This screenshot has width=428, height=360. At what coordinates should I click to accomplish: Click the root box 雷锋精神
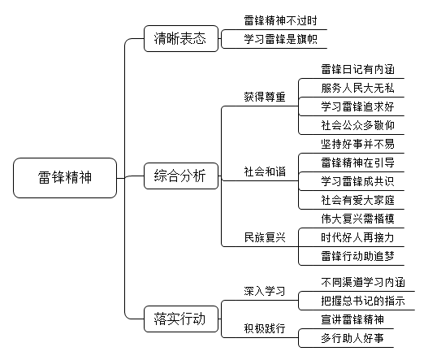click(x=65, y=178)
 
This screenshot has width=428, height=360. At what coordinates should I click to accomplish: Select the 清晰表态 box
click(x=181, y=38)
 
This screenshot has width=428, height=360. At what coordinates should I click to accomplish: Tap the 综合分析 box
click(x=181, y=176)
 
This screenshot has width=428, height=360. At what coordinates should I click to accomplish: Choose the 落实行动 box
click(x=181, y=319)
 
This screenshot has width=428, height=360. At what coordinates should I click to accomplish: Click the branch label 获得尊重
click(x=265, y=97)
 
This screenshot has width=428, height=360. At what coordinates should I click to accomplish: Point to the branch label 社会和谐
click(x=265, y=171)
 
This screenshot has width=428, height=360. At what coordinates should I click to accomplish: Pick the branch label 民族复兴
click(x=265, y=237)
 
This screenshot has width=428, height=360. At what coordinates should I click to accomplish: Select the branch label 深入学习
click(x=265, y=291)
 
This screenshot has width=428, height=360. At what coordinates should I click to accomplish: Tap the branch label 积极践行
click(x=265, y=328)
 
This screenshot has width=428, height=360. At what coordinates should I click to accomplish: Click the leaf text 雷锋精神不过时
click(x=281, y=20)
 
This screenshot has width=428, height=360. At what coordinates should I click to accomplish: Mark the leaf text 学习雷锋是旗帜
click(x=281, y=39)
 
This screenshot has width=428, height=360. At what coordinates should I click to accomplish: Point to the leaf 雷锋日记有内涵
click(x=357, y=69)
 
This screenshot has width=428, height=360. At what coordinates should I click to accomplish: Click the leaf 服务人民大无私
click(x=357, y=88)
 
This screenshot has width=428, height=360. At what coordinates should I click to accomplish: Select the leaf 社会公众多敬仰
click(x=357, y=125)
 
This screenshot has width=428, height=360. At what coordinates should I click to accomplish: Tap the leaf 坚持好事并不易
click(x=357, y=144)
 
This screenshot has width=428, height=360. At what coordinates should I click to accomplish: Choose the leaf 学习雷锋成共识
click(x=357, y=181)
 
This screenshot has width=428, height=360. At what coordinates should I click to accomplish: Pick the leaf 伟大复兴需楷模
click(x=357, y=219)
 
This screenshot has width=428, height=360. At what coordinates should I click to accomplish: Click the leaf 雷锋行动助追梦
click(x=357, y=256)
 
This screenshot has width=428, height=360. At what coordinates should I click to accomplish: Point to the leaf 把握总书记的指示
click(x=363, y=301)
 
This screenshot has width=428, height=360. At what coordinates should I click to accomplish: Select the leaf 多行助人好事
click(x=352, y=338)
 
